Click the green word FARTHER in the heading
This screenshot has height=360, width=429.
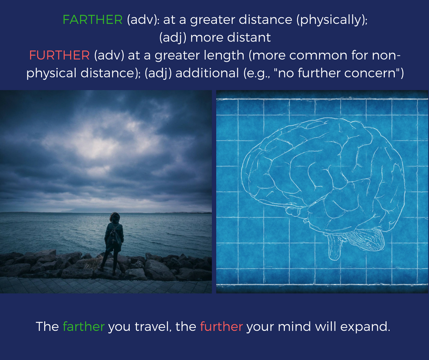tap(93, 20)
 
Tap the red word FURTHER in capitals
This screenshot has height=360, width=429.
tap(59, 55)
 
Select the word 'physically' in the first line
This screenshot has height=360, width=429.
tap(330, 20)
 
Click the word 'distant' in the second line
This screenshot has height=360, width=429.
tap(249, 37)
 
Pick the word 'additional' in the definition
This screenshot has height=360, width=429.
tap(207, 73)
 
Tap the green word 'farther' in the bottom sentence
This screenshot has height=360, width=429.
tap(84, 327)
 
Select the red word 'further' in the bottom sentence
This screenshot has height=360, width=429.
tap(221, 327)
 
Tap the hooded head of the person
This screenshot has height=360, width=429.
tap(115, 218)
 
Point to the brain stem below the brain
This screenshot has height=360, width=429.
tap(335, 245)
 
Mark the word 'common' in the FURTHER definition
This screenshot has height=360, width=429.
tap(319, 56)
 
